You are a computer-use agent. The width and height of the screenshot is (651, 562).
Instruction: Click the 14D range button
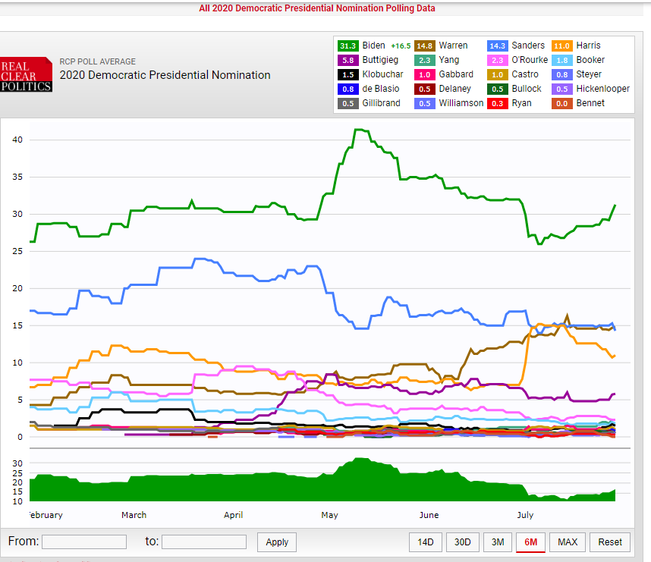[x=426, y=542]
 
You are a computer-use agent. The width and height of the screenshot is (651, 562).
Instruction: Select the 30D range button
[x=462, y=542]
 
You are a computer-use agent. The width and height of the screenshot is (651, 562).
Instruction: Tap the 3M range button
[x=498, y=542]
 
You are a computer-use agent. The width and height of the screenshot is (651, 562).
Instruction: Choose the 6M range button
[x=531, y=542]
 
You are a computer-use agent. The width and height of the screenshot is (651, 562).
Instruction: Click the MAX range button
[x=568, y=542]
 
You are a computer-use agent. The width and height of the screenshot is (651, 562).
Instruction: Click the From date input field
[x=84, y=542]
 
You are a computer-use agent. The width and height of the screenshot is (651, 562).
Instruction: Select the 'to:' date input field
[x=204, y=542]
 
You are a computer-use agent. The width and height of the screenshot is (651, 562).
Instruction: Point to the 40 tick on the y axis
[x=17, y=140]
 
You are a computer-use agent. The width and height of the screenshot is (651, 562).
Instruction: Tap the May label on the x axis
[x=329, y=515]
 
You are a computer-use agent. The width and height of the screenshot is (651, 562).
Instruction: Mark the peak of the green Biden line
[x=359, y=130]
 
